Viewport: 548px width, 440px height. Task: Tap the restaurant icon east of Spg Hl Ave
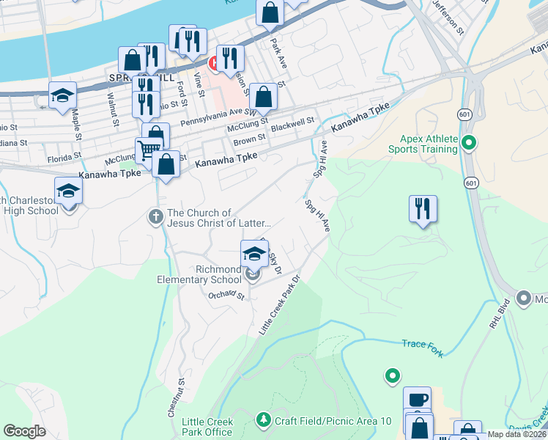(x=423, y=208)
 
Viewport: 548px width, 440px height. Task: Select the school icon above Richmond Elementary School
(x=254, y=254)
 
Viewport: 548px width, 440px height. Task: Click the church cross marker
(x=155, y=217)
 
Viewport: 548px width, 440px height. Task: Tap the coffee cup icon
(x=417, y=400)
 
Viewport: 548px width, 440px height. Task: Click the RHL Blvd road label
(x=499, y=315)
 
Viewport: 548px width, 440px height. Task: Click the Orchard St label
(x=225, y=296)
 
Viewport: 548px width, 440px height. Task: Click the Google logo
(x=25, y=431)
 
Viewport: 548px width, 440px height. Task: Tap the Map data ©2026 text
(x=516, y=434)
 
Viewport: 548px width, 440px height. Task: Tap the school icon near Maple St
(x=63, y=95)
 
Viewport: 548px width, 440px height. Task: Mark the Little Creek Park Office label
(x=207, y=427)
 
